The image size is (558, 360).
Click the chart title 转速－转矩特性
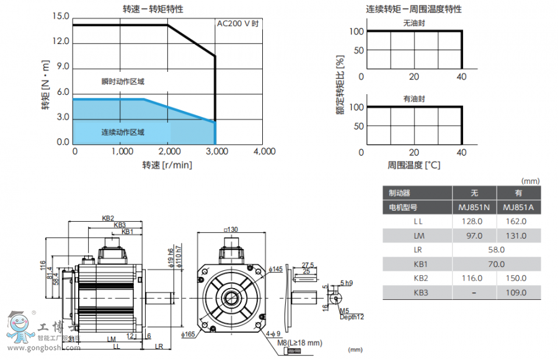pos(153,9)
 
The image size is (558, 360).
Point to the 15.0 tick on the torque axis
pos(61,16)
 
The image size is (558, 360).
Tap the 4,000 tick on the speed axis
pos(263,151)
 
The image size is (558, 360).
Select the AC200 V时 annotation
pos(237,24)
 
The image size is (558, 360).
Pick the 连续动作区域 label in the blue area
pos(123,132)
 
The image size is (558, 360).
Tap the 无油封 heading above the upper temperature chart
pos(414,23)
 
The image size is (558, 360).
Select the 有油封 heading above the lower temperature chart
pos(414,99)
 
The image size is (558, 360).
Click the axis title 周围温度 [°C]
pos(414,165)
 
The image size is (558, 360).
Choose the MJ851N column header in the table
pos(474,208)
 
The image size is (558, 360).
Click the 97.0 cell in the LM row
pos(474,235)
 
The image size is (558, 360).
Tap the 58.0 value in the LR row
pos(495,250)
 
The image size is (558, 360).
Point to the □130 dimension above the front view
pos(230,229)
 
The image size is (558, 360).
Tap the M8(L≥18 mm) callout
pos(299,343)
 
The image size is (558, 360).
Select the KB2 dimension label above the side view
pos(108,218)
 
